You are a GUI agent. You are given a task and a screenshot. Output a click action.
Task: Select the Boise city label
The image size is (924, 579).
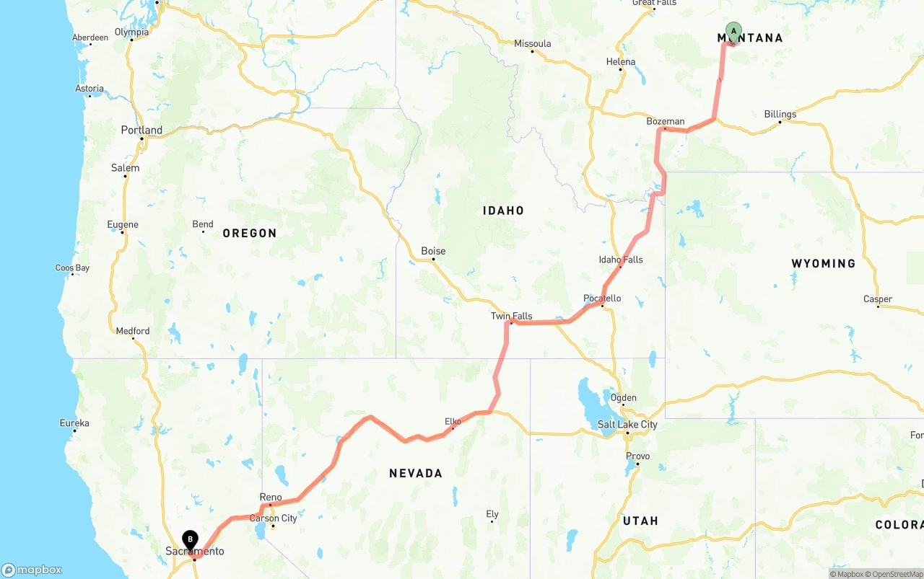(433, 251)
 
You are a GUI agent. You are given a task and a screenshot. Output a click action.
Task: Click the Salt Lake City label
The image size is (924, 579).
(627, 425)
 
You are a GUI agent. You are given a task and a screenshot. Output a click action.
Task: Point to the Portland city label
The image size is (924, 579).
(141, 131)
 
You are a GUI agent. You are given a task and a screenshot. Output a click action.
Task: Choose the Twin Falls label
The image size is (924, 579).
(511, 316)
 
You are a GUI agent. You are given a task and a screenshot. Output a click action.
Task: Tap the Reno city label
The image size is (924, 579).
(271, 497)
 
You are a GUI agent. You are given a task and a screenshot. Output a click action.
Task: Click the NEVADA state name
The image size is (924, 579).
(415, 473)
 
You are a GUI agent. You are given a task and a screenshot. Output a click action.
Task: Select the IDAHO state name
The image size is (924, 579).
(503, 211)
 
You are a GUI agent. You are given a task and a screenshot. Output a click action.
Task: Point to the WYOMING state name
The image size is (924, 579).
(823, 263)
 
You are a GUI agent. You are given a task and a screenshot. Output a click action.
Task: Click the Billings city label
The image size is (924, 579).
(780, 114)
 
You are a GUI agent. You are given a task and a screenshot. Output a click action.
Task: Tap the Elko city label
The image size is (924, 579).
(453, 421)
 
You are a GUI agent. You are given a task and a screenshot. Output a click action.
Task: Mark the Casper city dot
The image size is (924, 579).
(878, 306)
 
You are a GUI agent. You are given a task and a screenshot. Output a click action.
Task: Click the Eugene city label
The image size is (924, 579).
(123, 224)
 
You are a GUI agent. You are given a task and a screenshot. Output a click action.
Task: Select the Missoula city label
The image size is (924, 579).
(532, 43)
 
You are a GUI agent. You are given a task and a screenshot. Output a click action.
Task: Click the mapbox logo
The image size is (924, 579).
(32, 570)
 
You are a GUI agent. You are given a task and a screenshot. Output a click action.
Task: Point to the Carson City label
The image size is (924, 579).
(273, 518)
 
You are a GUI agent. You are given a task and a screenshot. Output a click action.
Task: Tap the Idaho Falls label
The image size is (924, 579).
(620, 260)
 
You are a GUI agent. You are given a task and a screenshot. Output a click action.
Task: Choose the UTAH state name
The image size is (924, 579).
(640, 521)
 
